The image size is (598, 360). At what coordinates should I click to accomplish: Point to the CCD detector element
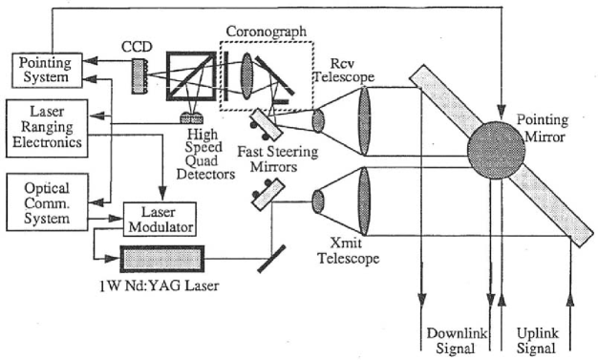click(x=139, y=71)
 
